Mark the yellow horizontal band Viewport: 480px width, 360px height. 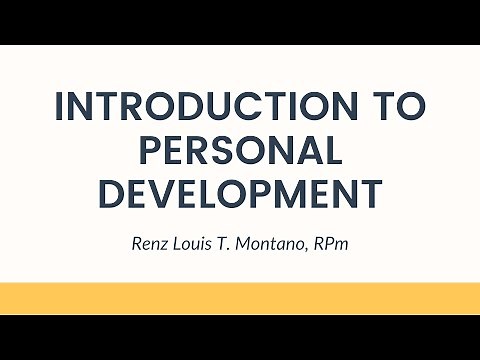(x=240, y=298)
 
